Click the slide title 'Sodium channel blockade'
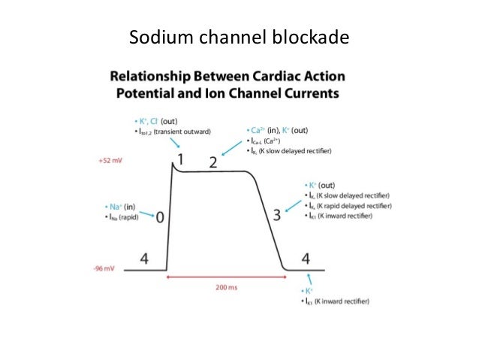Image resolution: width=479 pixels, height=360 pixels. coord(239,36)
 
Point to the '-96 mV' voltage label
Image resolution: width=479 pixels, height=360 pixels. coord(104,268)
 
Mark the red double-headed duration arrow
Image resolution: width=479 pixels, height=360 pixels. coord(226,277)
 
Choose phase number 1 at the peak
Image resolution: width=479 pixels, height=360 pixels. coord(179,159)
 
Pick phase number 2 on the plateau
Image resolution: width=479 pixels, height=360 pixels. coord(212,162)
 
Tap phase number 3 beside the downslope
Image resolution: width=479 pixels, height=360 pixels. coord(276,215)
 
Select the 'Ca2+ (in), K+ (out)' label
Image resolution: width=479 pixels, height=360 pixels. coord(279,130)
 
